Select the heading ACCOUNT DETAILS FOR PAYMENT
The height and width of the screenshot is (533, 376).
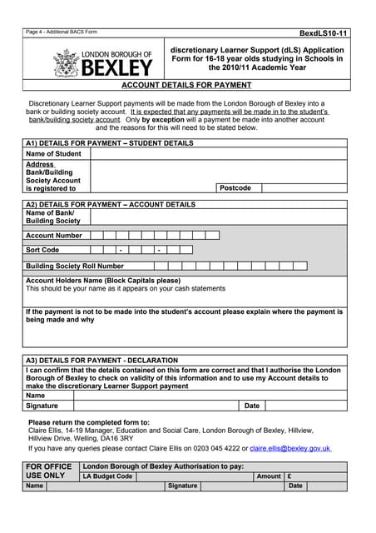tap(187, 85)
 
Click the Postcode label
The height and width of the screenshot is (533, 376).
tap(235, 188)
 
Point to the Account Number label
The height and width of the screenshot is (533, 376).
tap(54, 236)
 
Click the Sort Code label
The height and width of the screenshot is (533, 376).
tap(42, 250)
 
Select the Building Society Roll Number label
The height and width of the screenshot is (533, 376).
tap(75, 266)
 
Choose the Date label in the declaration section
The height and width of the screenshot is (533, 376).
tap(252, 406)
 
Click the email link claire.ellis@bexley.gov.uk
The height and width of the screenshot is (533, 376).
tap(290, 448)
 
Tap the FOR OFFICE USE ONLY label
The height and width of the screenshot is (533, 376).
tap(49, 471)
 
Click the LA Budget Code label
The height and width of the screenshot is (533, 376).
tap(107, 476)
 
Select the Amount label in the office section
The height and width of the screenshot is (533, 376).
tap(269, 476)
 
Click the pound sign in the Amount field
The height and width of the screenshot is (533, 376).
tap(289, 476)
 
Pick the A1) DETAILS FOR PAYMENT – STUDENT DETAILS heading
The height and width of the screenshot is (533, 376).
tap(109, 143)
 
